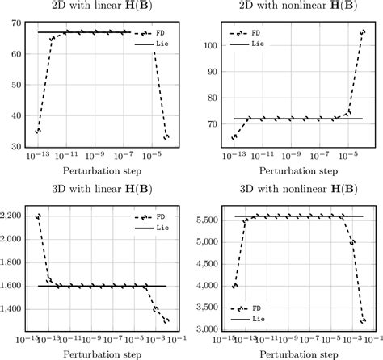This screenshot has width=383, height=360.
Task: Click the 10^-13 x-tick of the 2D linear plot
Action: [36, 154]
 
